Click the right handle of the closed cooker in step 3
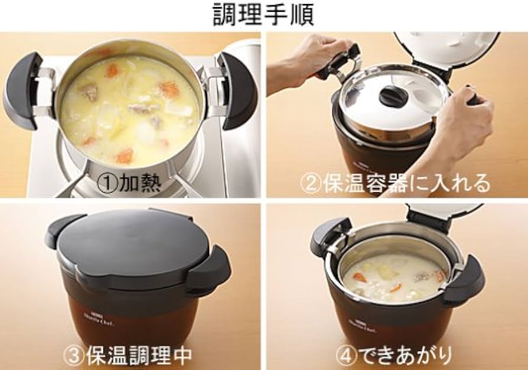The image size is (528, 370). [212, 269]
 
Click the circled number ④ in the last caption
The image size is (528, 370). [344, 356]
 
